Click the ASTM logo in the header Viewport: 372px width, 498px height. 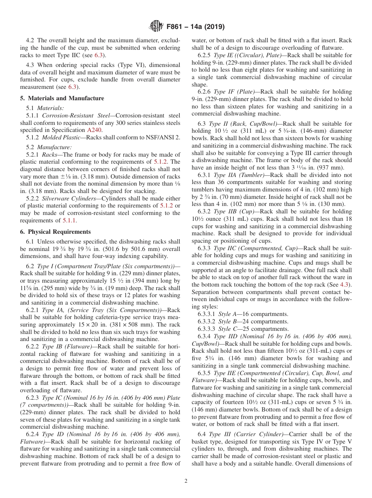coord(157,27)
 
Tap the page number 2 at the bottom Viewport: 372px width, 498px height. coord(186,481)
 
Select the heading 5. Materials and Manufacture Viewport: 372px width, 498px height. coord(62,98)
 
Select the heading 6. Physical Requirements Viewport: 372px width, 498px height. coord(55,232)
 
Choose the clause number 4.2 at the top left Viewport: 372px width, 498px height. coord(31,40)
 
